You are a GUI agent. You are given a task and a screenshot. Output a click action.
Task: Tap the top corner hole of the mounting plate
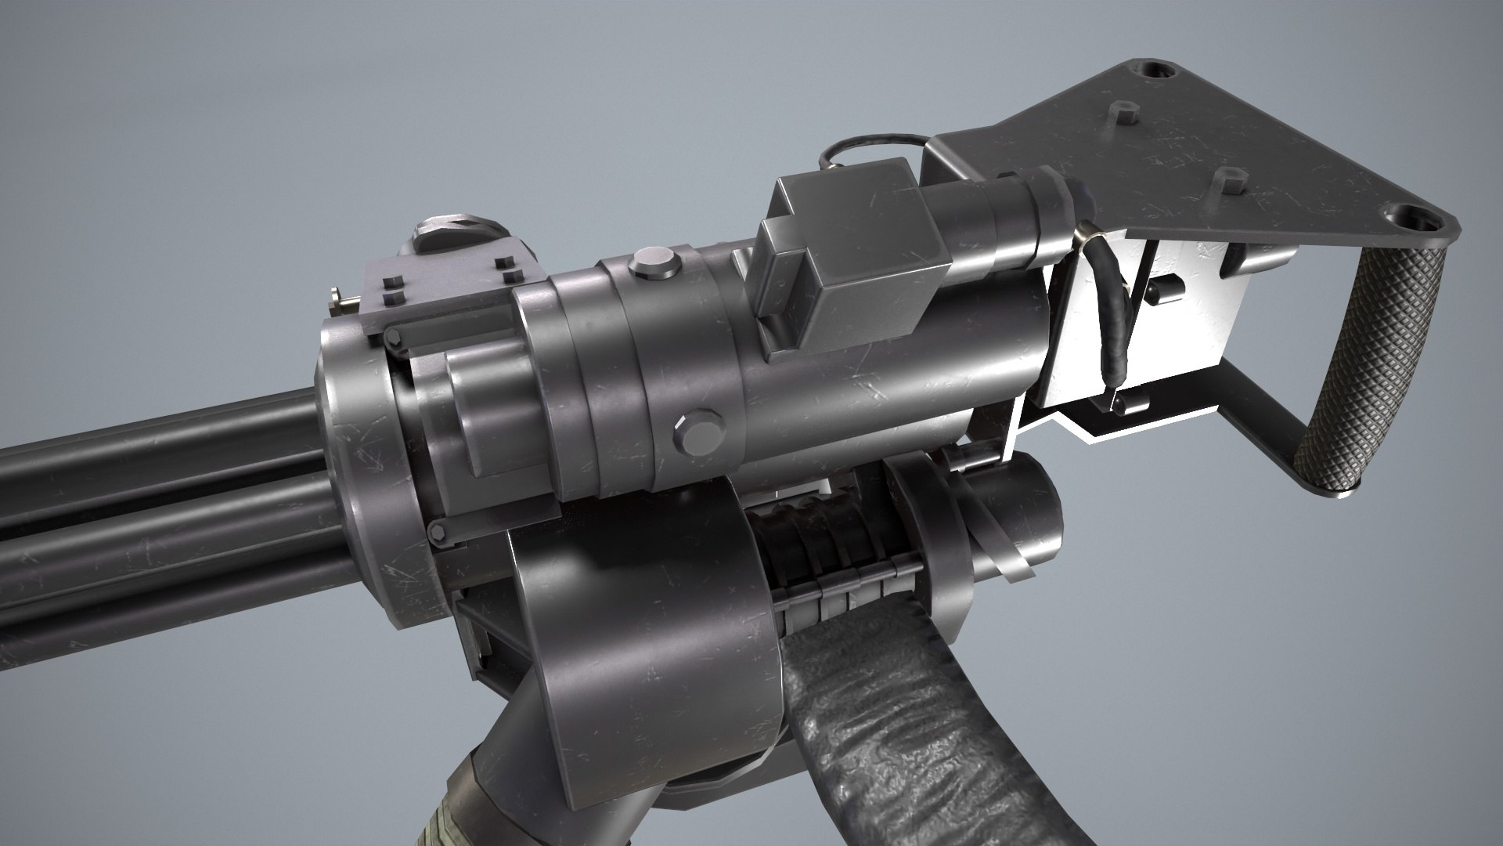[x=1154, y=70]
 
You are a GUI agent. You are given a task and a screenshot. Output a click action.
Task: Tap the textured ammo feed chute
[x=877, y=728]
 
